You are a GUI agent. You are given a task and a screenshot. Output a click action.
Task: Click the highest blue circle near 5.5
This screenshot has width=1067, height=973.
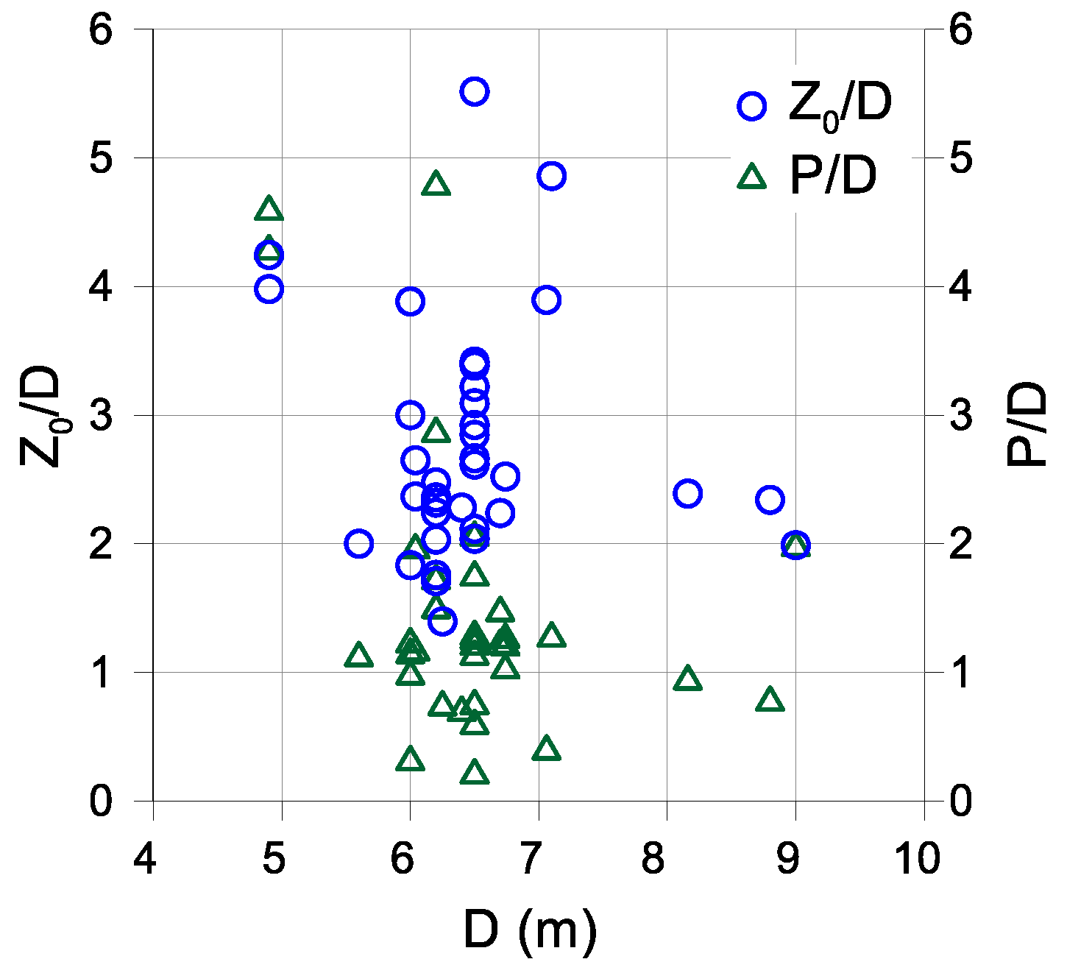[x=475, y=92]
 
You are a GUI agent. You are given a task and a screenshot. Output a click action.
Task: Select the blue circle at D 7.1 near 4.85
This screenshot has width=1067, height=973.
[x=550, y=176]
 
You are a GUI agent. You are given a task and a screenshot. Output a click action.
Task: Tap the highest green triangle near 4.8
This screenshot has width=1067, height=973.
[x=436, y=184]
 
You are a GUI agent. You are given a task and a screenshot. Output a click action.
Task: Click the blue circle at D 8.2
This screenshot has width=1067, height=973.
[x=687, y=493]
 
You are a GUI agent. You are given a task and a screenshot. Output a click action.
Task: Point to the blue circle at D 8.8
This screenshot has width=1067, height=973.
[x=770, y=500]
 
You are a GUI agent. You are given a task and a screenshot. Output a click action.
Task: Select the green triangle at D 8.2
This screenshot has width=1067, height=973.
[x=687, y=679]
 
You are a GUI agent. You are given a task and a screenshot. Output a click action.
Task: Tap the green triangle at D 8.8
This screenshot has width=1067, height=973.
[x=770, y=700]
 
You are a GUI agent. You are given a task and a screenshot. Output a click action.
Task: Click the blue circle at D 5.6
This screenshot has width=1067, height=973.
[x=358, y=544]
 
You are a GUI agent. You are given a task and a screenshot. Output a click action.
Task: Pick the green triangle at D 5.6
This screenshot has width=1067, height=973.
[x=358, y=655]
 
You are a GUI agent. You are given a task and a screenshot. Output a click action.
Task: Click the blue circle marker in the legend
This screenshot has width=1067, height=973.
[x=751, y=106]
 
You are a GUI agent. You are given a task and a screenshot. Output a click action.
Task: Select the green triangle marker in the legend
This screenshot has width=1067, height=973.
[x=751, y=177]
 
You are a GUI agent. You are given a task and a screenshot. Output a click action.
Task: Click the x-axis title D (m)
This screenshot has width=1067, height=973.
[x=530, y=932]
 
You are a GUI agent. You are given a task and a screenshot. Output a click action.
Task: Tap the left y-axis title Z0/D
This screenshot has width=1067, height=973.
[x=40, y=416]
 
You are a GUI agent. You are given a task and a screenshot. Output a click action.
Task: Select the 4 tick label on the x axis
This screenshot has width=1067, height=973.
[x=146, y=859]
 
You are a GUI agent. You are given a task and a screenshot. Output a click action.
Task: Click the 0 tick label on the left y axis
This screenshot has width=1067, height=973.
[x=102, y=801]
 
